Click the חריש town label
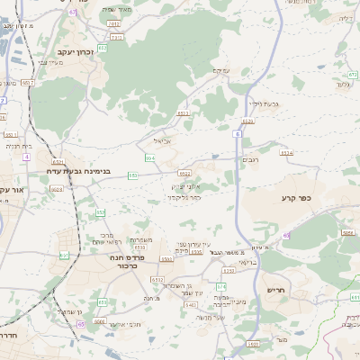tap(275, 290)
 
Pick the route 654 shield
tap(150, 157)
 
